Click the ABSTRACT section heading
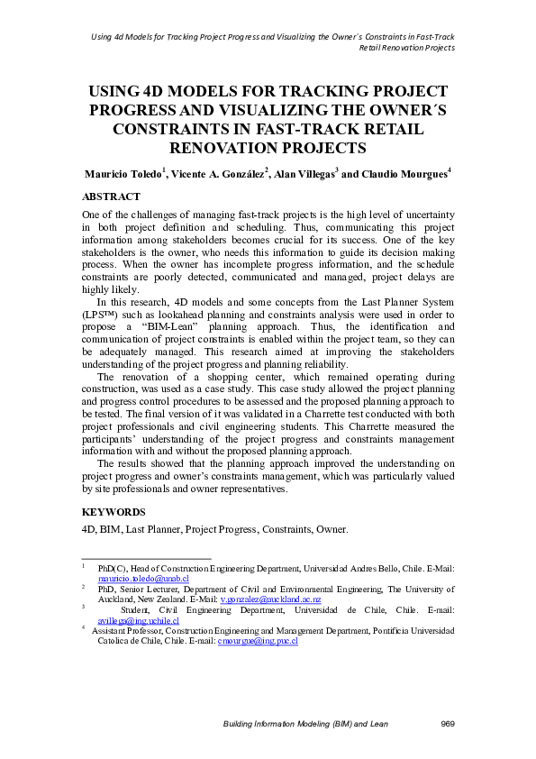pos(111,196)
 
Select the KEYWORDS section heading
pos(114,512)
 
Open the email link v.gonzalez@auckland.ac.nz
pos(270,599)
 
